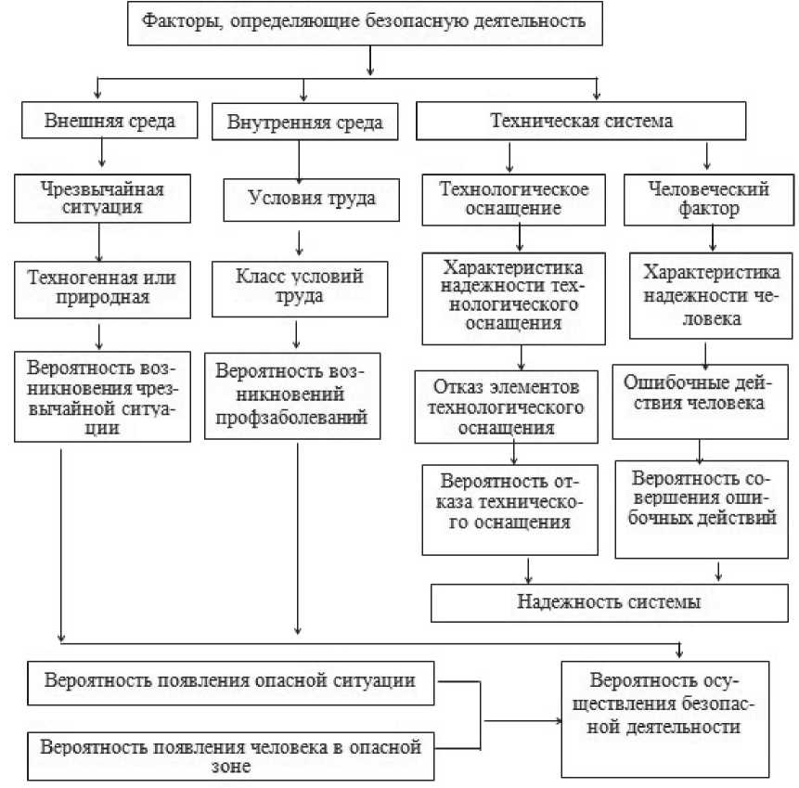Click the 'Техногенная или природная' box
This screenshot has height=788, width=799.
pyautogui.click(x=102, y=286)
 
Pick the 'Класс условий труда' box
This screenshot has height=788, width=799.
pyautogui.click(x=300, y=286)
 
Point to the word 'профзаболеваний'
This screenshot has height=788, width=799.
pyautogui.click(x=293, y=418)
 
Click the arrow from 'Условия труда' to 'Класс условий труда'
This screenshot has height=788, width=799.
pyautogui.click(x=299, y=243)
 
